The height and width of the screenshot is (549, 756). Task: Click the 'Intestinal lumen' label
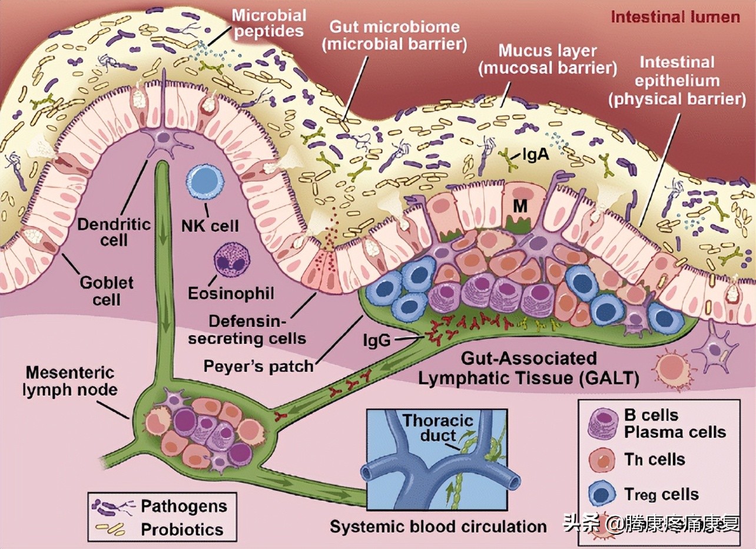click(675, 16)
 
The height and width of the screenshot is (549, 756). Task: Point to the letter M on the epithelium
click(519, 205)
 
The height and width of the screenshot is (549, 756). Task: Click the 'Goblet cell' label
click(107, 290)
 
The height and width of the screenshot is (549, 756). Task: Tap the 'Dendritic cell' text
click(115, 231)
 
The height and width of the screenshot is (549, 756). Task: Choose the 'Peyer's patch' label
click(258, 366)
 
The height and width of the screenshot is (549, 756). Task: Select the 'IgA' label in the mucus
click(536, 156)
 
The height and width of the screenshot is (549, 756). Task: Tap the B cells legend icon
click(602, 423)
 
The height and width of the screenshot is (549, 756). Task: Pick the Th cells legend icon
click(602, 459)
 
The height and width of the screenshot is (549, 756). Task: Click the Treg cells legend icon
click(602, 494)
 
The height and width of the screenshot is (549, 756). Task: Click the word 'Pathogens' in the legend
click(184, 507)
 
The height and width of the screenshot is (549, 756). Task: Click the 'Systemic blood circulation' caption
click(439, 525)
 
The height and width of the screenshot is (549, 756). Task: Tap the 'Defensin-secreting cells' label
click(258, 330)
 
